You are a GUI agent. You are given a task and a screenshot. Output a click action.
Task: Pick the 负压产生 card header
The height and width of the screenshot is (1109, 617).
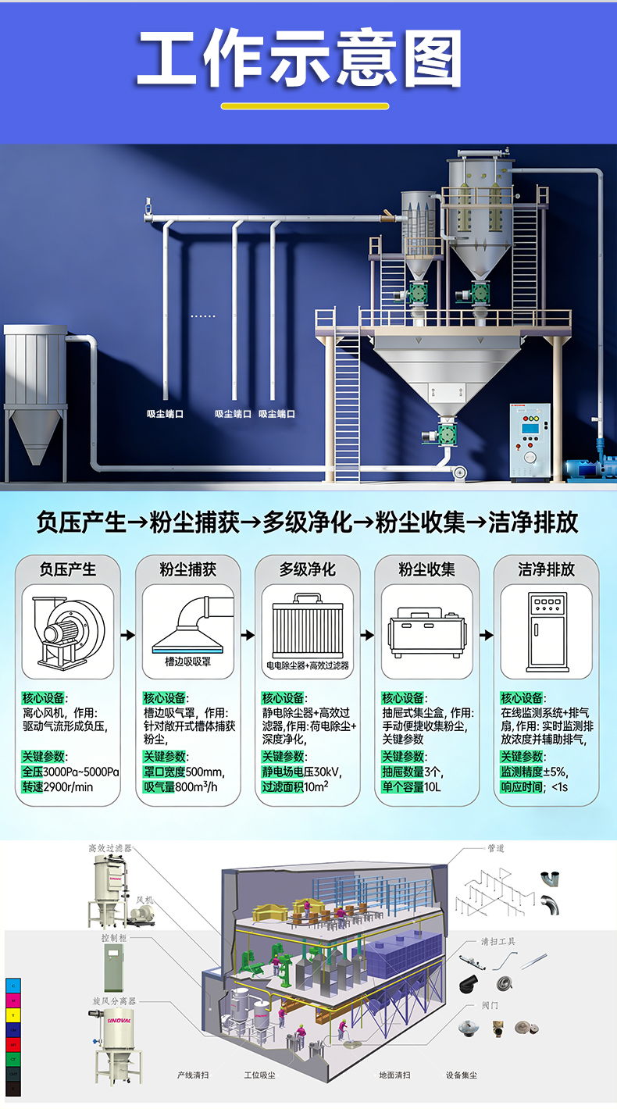[x=68, y=569]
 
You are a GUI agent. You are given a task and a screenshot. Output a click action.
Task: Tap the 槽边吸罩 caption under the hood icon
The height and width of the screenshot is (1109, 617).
[x=187, y=661]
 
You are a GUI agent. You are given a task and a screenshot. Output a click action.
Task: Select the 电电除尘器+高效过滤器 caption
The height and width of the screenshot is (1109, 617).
[x=308, y=665]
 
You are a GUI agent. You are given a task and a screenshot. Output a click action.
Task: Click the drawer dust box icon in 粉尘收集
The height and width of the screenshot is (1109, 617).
[x=426, y=631]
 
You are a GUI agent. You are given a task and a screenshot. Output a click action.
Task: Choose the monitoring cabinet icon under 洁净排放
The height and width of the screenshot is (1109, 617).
[x=546, y=631]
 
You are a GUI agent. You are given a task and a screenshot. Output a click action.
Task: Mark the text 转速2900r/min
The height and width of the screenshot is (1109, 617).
[x=58, y=786]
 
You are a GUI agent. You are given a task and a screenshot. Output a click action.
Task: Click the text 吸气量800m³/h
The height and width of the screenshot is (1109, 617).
[x=180, y=786]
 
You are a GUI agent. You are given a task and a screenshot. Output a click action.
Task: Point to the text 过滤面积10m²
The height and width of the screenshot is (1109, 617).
[x=295, y=786]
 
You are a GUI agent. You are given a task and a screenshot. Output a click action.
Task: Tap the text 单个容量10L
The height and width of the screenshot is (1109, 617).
[x=412, y=786]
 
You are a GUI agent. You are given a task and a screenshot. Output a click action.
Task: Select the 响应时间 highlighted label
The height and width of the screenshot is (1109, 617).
[x=522, y=786]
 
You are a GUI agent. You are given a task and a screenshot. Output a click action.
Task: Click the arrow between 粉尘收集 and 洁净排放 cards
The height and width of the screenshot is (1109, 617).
[x=487, y=635]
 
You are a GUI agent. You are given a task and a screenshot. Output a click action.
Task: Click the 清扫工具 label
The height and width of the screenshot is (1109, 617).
[x=498, y=941]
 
